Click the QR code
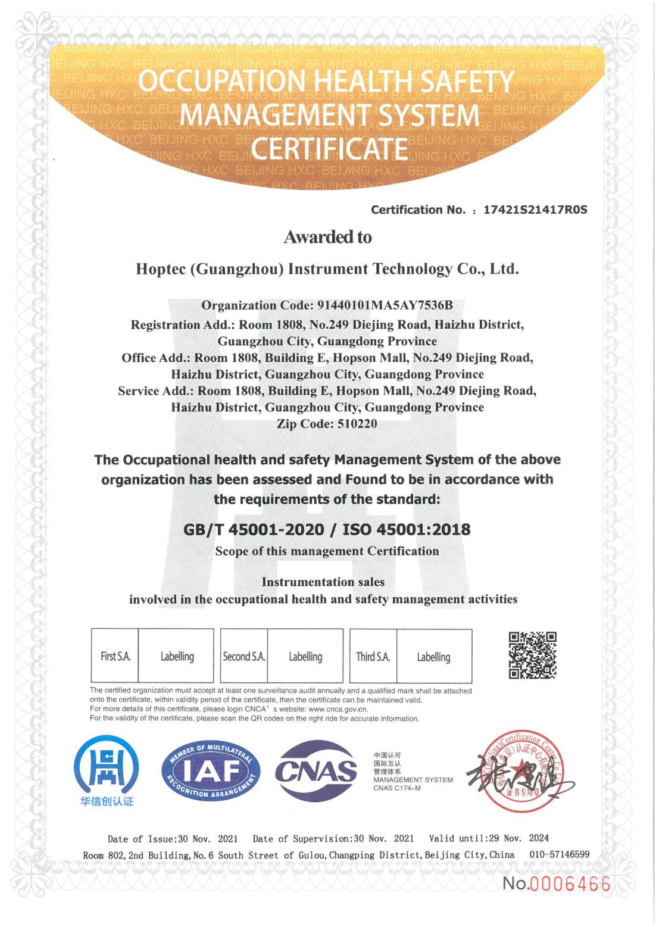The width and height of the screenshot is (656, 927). pyautogui.click(x=532, y=656)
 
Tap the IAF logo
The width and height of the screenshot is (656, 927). pyautogui.click(x=211, y=772)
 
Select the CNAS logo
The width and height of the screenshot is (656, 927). pyautogui.click(x=315, y=771)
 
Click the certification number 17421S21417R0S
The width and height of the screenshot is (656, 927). pyautogui.click(x=535, y=210)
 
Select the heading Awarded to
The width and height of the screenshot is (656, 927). pyautogui.click(x=327, y=237)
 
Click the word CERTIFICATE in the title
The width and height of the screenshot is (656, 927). pyautogui.click(x=329, y=149)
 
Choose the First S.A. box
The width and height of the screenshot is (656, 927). pyautogui.click(x=115, y=656)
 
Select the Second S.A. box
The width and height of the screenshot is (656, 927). pyautogui.click(x=244, y=656)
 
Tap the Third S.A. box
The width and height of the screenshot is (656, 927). pyautogui.click(x=373, y=656)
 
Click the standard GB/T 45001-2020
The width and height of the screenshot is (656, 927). pyautogui.click(x=254, y=529)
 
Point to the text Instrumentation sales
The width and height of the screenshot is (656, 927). pyautogui.click(x=323, y=582)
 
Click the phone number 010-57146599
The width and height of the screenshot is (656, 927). pyautogui.click(x=559, y=854)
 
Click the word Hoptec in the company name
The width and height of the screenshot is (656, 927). pyautogui.click(x=160, y=269)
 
